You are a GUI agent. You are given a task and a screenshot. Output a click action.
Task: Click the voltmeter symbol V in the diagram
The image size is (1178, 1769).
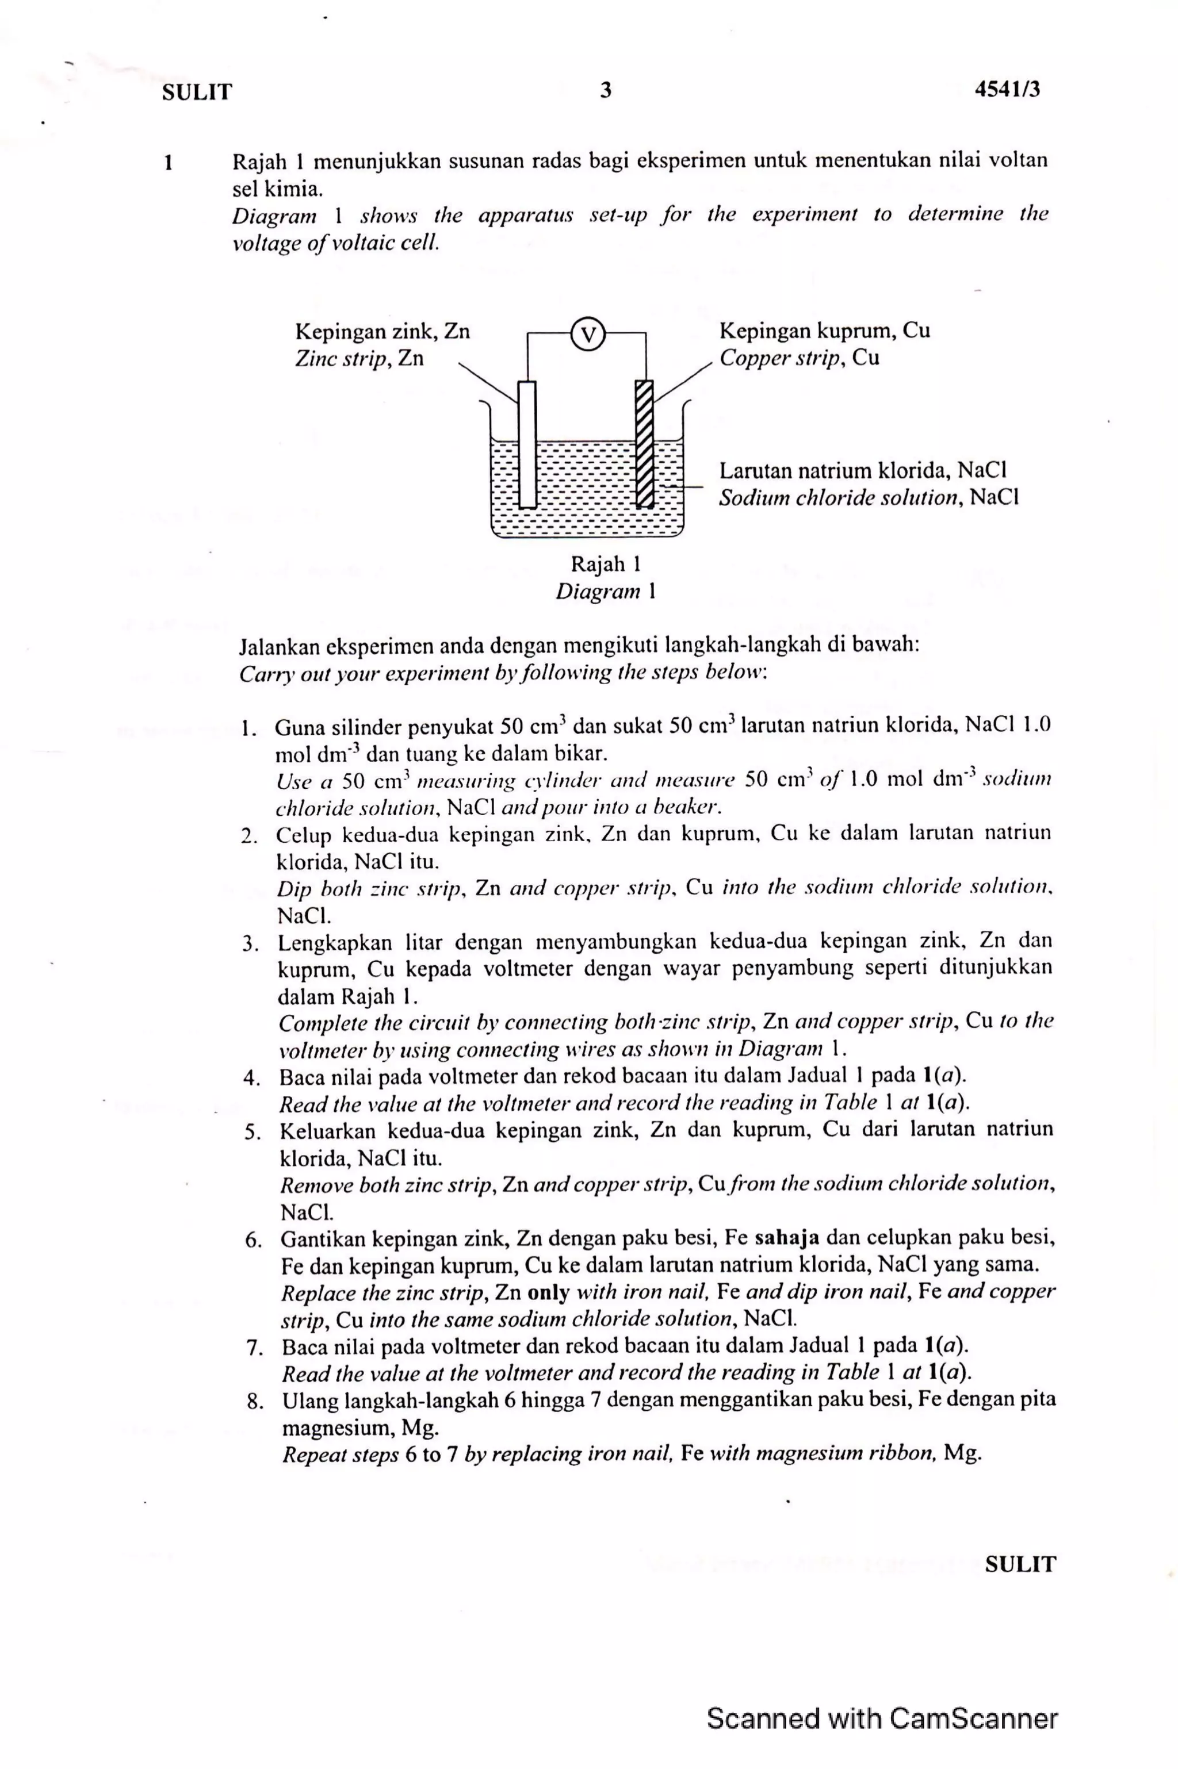tap(588, 334)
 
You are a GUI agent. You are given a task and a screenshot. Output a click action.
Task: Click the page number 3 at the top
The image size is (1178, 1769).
tap(606, 91)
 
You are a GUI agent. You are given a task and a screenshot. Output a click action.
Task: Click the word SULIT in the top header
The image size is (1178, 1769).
tap(197, 93)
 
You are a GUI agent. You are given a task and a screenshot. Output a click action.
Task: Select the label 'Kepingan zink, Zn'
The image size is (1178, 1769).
tap(382, 331)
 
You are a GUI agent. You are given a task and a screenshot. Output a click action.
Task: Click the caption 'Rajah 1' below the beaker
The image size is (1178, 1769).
tap(606, 564)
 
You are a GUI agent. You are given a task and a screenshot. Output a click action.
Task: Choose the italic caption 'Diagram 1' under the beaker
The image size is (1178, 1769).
tap(606, 592)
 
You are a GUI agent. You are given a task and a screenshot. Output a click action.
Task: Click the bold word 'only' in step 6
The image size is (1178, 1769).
tap(548, 1292)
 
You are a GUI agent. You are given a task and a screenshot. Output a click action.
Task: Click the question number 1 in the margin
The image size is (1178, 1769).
tap(169, 162)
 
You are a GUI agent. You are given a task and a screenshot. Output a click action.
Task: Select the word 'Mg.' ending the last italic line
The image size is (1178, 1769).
tap(962, 1452)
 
